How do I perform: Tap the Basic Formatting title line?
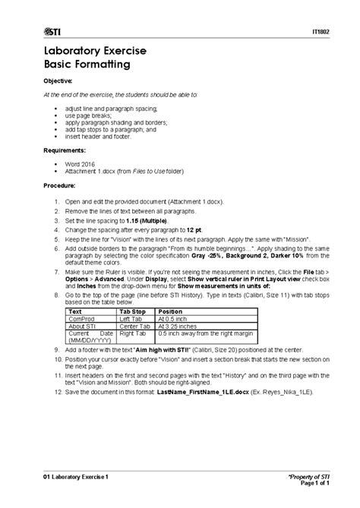click(x=87, y=65)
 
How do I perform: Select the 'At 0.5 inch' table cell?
click(x=173, y=319)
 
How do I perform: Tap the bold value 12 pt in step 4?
click(x=193, y=228)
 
